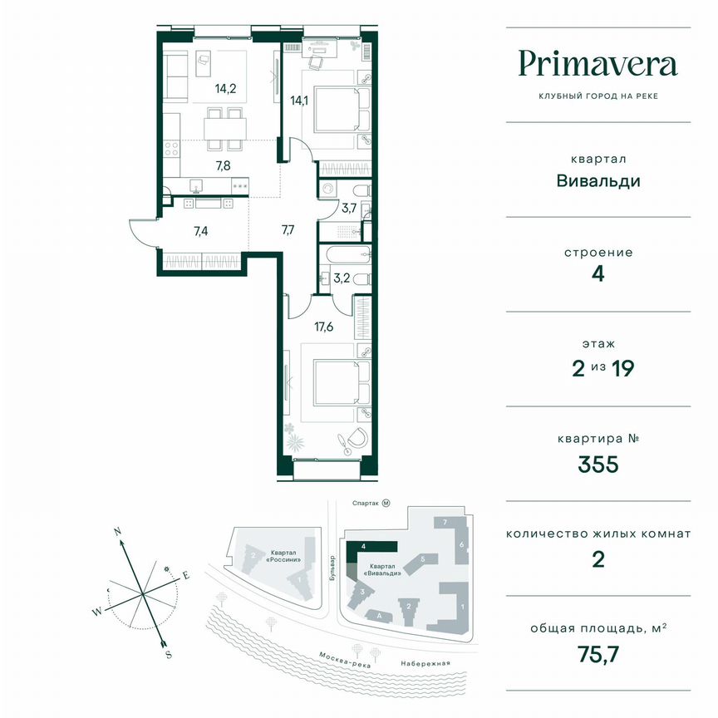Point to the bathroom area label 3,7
(x=350, y=208)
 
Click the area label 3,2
(x=342, y=278)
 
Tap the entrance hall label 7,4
(x=200, y=232)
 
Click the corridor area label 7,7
(x=288, y=229)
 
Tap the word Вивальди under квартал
(x=599, y=180)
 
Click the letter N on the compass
(x=118, y=530)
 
